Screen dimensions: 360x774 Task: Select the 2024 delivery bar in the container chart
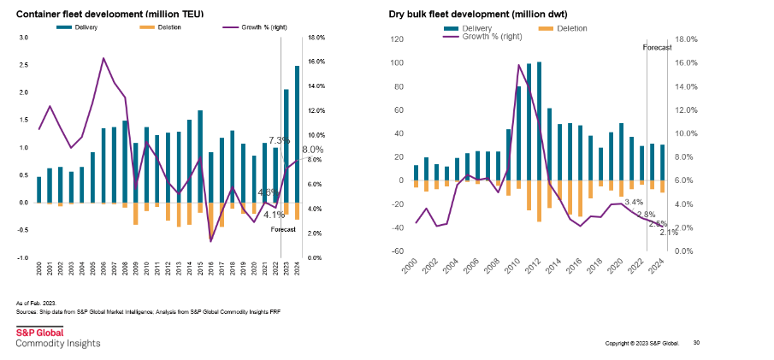point(297,133)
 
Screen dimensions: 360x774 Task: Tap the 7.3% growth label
point(279,140)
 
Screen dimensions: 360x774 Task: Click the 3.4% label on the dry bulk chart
point(634,202)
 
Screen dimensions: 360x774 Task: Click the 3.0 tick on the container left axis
point(23,38)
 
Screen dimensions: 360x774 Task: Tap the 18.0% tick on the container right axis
point(317,38)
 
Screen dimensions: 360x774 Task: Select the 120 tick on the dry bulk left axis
point(395,39)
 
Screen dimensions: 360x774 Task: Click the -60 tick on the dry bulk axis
point(395,251)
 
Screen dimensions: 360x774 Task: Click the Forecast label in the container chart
point(283,230)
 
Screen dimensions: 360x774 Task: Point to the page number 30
point(697,343)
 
